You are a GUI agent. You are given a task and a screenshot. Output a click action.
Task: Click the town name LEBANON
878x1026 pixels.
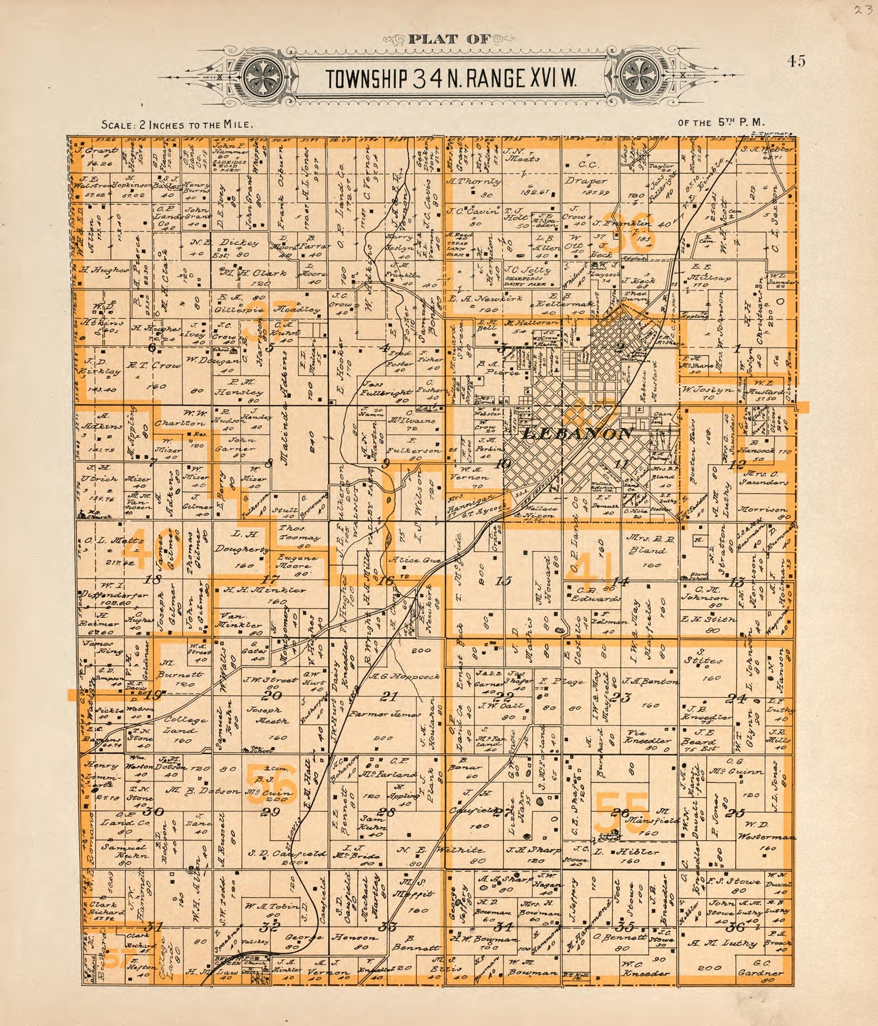point(577,434)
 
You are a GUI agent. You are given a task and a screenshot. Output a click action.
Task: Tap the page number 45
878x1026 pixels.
point(796,61)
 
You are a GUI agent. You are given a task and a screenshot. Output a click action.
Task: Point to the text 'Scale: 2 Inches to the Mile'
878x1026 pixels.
point(177,125)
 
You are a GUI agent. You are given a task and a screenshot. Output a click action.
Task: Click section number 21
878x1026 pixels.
point(389,697)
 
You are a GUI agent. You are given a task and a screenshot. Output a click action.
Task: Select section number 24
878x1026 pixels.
point(737,698)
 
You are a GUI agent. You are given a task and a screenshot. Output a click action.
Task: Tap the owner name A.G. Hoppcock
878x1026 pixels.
point(404,677)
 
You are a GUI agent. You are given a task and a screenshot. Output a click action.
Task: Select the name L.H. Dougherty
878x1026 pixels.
point(242,541)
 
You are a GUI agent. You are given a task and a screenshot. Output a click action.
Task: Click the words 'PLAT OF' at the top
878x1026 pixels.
point(448,40)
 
